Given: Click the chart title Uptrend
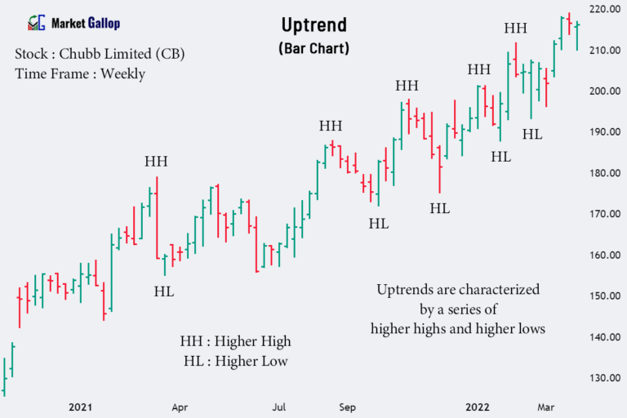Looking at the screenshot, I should pos(313,26).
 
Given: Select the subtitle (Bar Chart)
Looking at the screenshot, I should pos(313,48).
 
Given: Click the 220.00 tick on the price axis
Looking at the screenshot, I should pos(604,10).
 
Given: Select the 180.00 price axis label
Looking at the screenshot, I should pos(604,173).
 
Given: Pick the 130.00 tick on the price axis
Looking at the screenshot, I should pos(604,378).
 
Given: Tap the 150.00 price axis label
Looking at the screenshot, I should pos(604,296).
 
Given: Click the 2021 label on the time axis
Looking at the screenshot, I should pos(81,406).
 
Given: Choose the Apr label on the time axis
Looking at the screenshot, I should pos(180,406).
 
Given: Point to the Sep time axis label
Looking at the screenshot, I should pos(347,406).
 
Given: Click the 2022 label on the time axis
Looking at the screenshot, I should pos(478,406).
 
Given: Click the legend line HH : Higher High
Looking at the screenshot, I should pos(235,341).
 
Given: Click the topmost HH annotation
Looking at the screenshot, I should pos(515,29).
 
